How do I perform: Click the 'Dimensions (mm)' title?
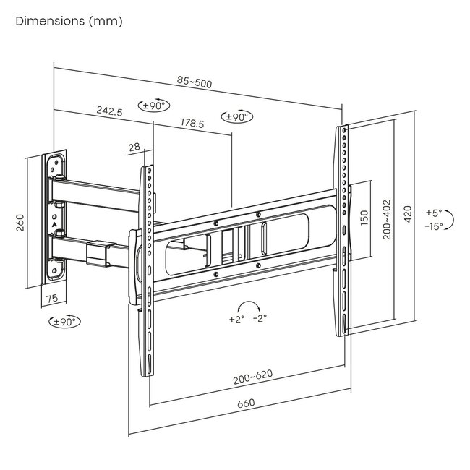click(x=69, y=21)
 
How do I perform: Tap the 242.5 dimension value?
click(x=109, y=111)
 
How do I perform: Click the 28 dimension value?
click(x=134, y=147)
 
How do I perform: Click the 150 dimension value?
click(x=364, y=217)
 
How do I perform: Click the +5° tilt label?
click(x=433, y=213)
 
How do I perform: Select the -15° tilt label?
click(x=435, y=226)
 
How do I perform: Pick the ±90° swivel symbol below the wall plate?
click(x=64, y=321)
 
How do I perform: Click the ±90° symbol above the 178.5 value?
click(x=237, y=116)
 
